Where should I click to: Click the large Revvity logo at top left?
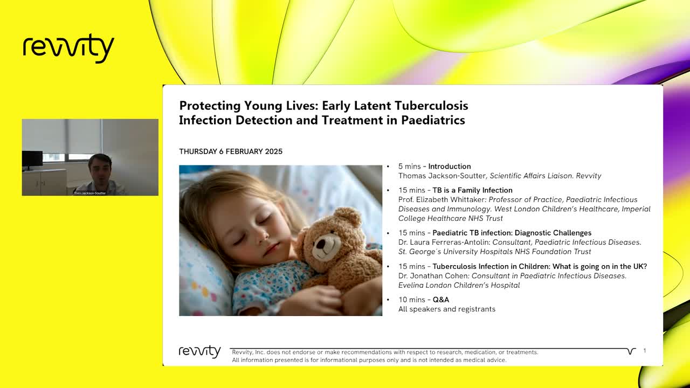coord(68,48)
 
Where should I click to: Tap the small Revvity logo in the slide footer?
coord(199,351)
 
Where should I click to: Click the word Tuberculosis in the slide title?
coord(431,106)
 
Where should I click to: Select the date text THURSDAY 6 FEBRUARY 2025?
coord(231,151)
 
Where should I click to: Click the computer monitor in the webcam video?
coord(32,159)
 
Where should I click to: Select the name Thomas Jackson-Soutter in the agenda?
coord(443,176)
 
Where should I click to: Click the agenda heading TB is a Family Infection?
coord(472,190)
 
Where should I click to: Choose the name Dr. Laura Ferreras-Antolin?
coord(444,242)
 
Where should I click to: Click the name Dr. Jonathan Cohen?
coord(433,275)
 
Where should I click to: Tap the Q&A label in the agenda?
coord(440,300)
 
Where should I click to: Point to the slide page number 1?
coord(644,351)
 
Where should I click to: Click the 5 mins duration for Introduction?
coord(410,167)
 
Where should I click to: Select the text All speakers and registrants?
coord(446,309)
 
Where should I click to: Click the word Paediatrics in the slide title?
coord(433,120)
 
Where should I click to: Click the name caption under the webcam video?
coord(90,193)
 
